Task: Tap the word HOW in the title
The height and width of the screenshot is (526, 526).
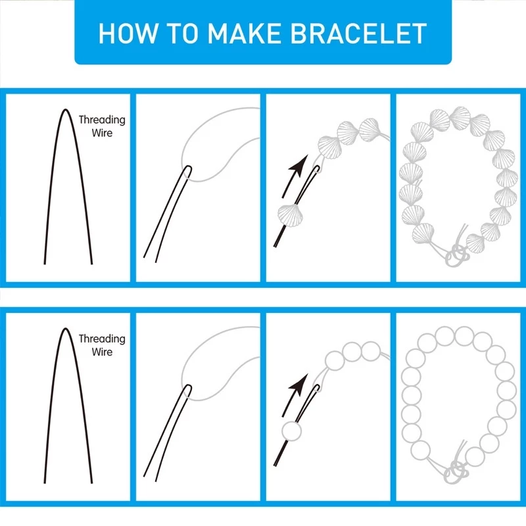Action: [128, 34]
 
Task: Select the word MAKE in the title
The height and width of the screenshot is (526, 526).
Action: [244, 34]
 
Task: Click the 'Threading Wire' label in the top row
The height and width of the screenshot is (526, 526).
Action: [102, 126]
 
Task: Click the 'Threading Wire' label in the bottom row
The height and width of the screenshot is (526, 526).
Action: [102, 345]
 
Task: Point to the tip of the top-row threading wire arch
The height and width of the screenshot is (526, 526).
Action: [66, 109]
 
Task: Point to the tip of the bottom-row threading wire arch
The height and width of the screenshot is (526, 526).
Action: [66, 328]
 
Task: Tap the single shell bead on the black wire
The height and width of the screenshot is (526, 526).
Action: [290, 216]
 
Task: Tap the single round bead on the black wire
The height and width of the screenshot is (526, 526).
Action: [291, 431]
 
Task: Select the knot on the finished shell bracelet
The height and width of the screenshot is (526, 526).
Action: [458, 255]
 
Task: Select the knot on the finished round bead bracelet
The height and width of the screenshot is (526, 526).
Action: [456, 471]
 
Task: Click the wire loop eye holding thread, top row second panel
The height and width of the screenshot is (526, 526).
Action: [188, 171]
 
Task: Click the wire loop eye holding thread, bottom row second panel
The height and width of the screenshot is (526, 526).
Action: [188, 390]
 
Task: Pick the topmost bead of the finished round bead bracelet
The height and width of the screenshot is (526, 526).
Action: [464, 336]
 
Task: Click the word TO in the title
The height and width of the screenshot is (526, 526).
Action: [182, 34]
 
